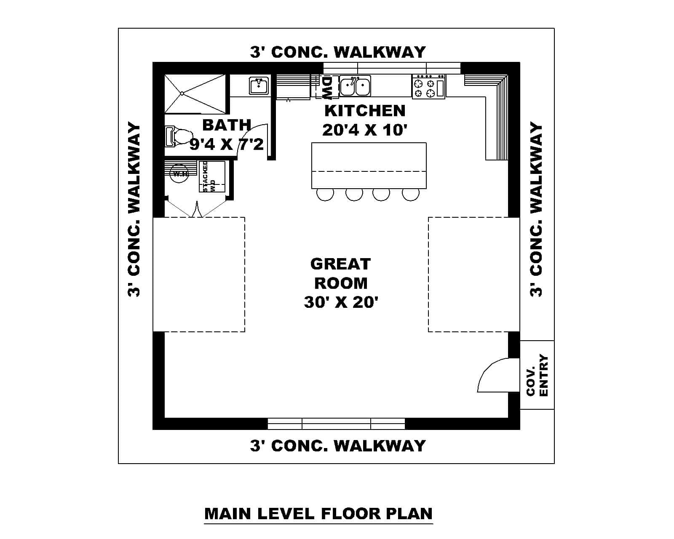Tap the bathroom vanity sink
point(259,86)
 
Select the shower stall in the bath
point(195,93)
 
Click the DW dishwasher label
point(327,87)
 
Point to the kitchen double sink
point(355,87)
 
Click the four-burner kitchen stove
point(428,87)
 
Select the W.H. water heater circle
point(179,173)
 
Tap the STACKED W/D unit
point(212,176)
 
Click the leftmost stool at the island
point(325,194)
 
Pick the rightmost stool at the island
point(411,194)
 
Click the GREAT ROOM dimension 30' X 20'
point(341,302)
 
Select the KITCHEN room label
point(365,111)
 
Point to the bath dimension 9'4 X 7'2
point(227,144)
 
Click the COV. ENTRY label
point(538,375)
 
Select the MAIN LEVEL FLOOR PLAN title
point(318,514)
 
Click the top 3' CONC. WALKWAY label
point(338,52)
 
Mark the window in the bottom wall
point(336,423)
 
